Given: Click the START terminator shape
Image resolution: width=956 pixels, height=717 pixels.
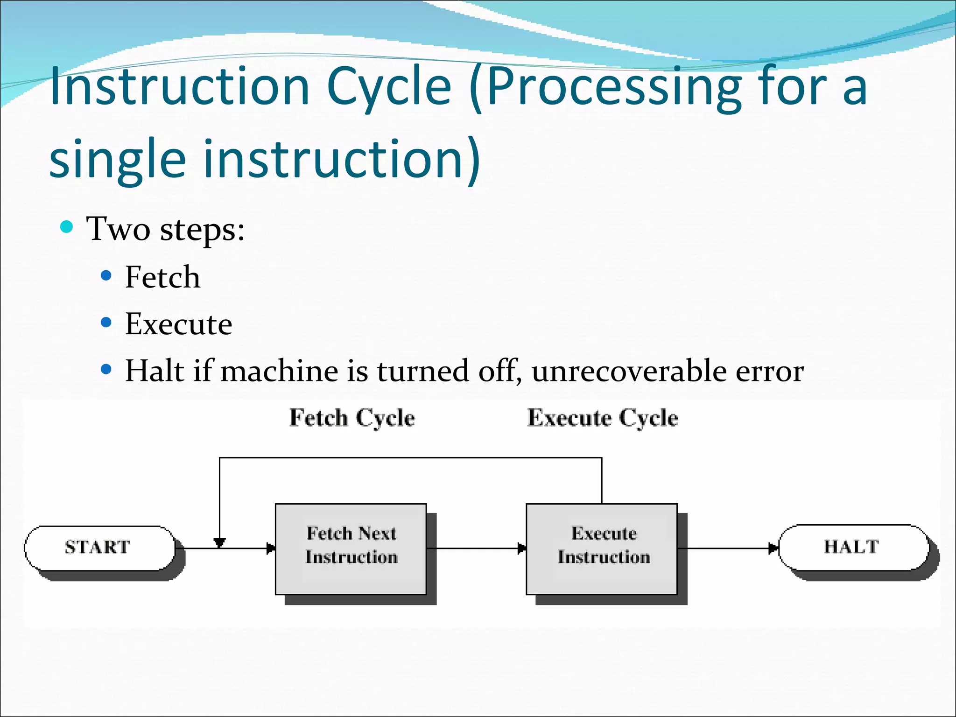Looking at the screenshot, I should click(99, 548).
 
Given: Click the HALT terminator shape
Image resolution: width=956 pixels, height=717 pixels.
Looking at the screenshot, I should click(852, 547).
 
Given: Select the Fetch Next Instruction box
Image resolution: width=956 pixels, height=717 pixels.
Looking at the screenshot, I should click(351, 548).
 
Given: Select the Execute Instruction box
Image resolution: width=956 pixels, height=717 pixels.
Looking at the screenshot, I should click(602, 548).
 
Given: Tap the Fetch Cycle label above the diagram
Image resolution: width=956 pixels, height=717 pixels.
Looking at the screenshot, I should click(352, 417).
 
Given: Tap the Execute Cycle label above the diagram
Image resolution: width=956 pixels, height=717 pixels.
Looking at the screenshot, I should click(602, 417).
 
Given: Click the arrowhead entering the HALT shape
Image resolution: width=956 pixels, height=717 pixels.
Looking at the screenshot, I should click(773, 548).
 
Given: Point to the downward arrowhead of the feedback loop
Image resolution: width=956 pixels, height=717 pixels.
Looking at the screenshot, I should click(219, 542).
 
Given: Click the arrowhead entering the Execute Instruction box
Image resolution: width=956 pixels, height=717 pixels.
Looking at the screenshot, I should click(522, 548).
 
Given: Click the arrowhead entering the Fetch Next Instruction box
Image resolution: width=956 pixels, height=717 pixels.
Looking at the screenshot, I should click(271, 548).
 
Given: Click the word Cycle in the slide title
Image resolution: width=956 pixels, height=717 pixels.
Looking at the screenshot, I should click(389, 87).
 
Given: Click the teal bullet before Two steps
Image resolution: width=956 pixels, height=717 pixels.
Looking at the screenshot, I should click(67, 227).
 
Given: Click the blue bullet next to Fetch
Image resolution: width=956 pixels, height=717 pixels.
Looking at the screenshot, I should click(106, 276).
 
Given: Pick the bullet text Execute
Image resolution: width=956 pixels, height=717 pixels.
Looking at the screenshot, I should click(178, 324).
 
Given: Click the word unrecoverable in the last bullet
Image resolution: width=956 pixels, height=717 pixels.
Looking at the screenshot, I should click(628, 371).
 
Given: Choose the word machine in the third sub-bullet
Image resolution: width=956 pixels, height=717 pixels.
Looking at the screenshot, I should click(279, 371).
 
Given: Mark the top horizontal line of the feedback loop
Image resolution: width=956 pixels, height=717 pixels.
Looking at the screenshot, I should click(411, 458).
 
